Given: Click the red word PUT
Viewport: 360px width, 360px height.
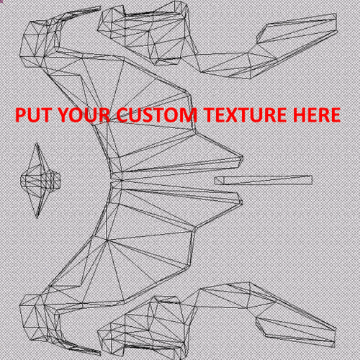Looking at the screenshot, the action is click(x=33, y=114).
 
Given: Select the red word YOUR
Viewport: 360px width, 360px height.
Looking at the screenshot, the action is click(x=84, y=114).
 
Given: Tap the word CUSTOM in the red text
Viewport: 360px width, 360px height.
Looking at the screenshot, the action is click(x=157, y=114).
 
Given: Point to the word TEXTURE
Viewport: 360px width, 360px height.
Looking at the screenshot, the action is click(x=246, y=114).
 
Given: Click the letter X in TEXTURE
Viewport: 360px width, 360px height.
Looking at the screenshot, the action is click(x=231, y=114).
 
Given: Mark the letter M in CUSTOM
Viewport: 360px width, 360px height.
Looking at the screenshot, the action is click(x=189, y=114).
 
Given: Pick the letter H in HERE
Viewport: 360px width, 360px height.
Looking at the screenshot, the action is click(x=300, y=114).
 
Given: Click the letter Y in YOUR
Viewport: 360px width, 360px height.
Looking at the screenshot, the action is click(x=65, y=114).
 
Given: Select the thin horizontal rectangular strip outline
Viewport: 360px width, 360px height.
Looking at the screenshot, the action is click(x=264, y=180).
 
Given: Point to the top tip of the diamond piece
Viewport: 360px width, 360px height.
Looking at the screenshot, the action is click(x=37, y=143).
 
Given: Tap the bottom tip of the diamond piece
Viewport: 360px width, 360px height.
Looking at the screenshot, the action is click(x=37, y=218).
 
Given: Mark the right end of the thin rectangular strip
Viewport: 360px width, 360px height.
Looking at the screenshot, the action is click(x=312, y=180).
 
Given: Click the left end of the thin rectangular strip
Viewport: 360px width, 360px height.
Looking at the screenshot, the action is click(x=215, y=181).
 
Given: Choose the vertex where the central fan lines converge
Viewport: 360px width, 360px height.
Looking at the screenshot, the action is click(x=121, y=180).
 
